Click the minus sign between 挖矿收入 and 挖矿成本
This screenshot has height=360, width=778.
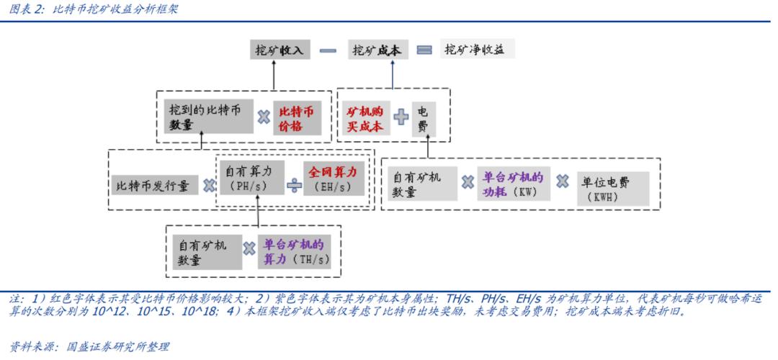328,50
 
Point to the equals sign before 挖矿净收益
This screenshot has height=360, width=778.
425,50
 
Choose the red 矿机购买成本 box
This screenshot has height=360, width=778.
365,118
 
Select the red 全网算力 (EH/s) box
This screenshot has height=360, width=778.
333,179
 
